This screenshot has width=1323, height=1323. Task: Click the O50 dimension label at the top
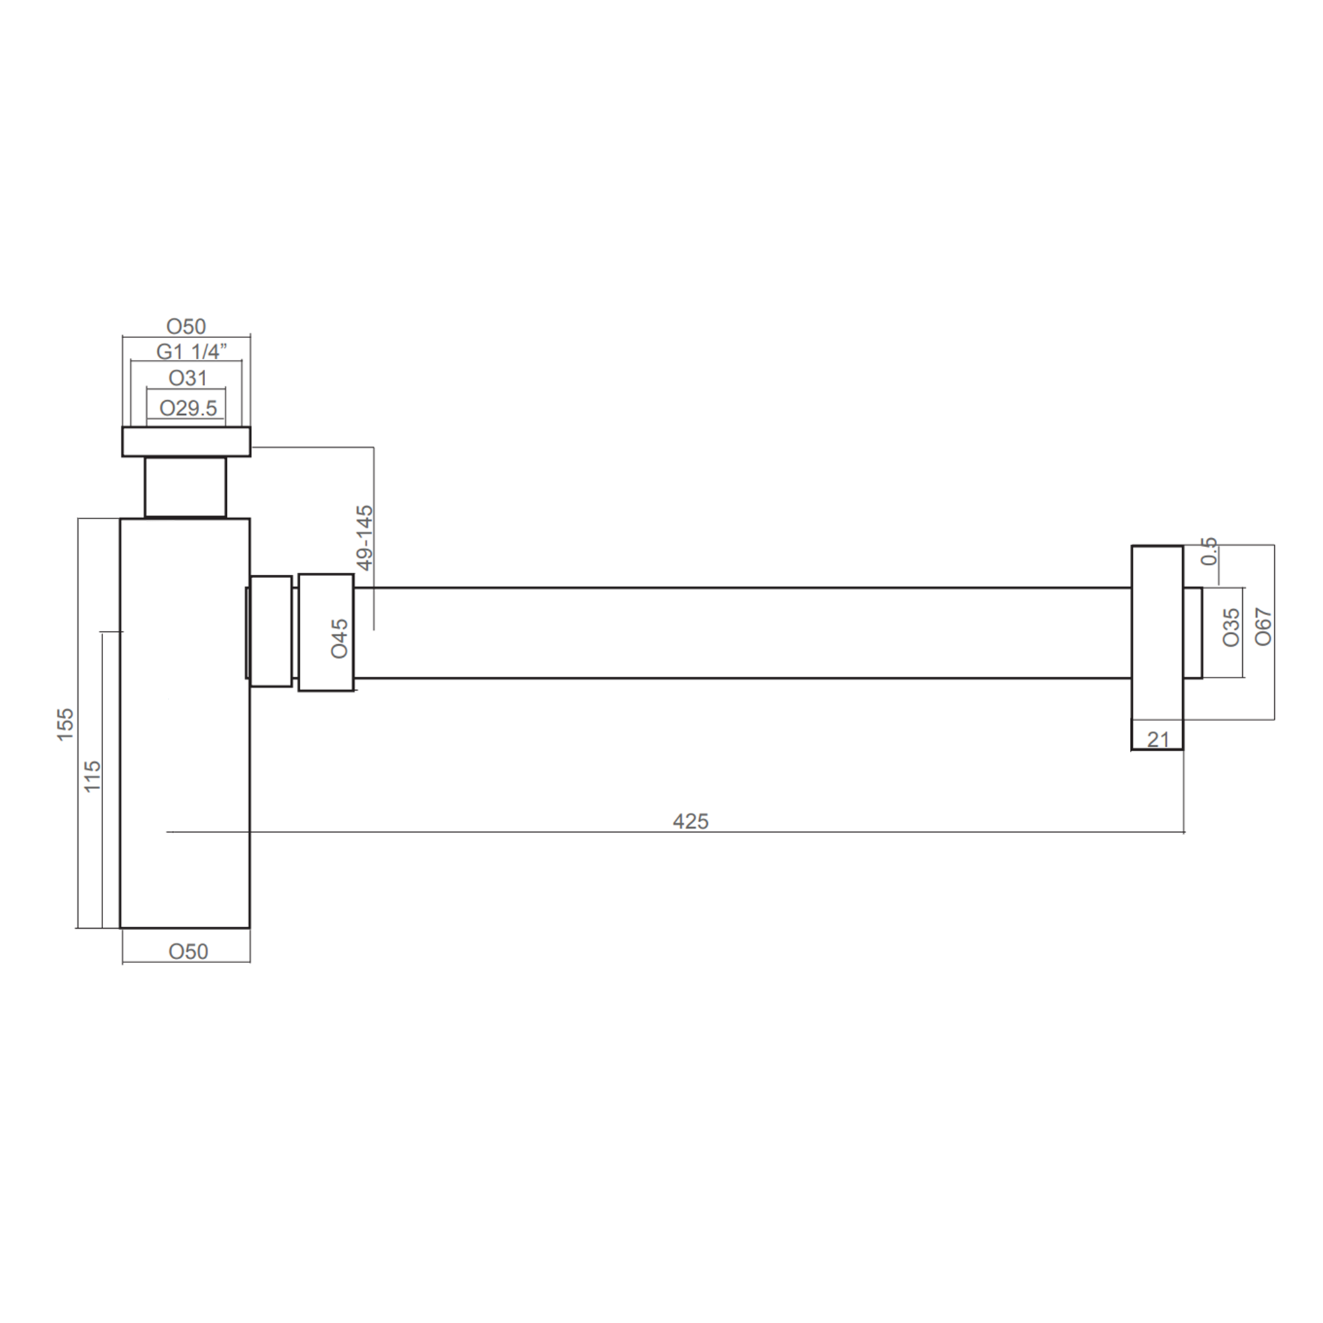point(186,327)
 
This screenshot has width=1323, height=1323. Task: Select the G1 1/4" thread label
point(191,352)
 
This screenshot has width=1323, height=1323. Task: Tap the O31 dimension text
point(188,378)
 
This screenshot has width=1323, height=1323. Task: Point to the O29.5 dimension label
point(188,408)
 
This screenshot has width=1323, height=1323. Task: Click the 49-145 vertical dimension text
point(366,538)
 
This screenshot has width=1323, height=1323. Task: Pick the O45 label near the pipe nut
point(339,638)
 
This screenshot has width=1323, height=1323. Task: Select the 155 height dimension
point(65,724)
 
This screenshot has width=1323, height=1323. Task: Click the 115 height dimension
point(92,777)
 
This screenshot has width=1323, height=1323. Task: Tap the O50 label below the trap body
point(188,951)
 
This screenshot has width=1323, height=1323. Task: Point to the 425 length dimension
point(690,821)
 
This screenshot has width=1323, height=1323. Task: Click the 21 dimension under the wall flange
point(1157,740)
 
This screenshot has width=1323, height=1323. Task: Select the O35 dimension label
point(1231,627)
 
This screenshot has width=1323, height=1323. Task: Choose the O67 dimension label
point(1263,627)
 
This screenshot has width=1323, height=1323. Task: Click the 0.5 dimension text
point(1210,551)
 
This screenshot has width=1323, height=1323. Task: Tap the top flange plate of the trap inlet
point(187,441)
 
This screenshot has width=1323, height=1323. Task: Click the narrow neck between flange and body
point(185,487)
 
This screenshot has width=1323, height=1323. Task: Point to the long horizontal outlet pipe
point(740,633)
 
